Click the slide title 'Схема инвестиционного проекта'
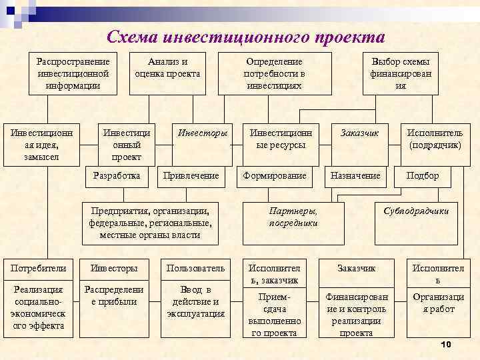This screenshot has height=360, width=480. (x=246, y=36)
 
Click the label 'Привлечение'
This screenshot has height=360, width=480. (x=191, y=176)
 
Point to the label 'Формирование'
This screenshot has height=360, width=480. (x=275, y=176)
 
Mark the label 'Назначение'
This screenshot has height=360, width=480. (x=355, y=176)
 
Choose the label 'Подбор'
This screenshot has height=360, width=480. (x=423, y=176)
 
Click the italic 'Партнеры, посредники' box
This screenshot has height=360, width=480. (x=293, y=217)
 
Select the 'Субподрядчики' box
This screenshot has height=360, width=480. (x=416, y=211)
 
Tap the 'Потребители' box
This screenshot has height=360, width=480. (x=38, y=268)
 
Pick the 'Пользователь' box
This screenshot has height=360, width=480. (x=196, y=268)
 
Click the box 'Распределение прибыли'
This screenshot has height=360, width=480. (x=111, y=296)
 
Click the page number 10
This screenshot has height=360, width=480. (x=446, y=344)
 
